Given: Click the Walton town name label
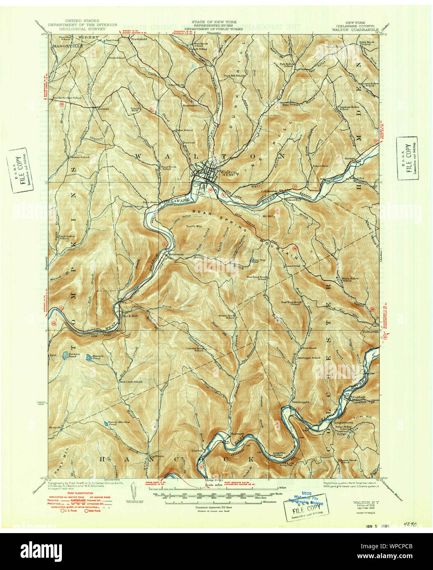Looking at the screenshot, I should coord(228,172).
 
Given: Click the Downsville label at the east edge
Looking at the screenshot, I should coord(370,332).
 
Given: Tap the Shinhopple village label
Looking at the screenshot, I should coord(300,402).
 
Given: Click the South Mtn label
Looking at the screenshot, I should coord(194,226).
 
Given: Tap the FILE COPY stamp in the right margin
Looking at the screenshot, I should coord(407,158).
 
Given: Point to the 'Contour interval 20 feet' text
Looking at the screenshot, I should coord(212,507).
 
